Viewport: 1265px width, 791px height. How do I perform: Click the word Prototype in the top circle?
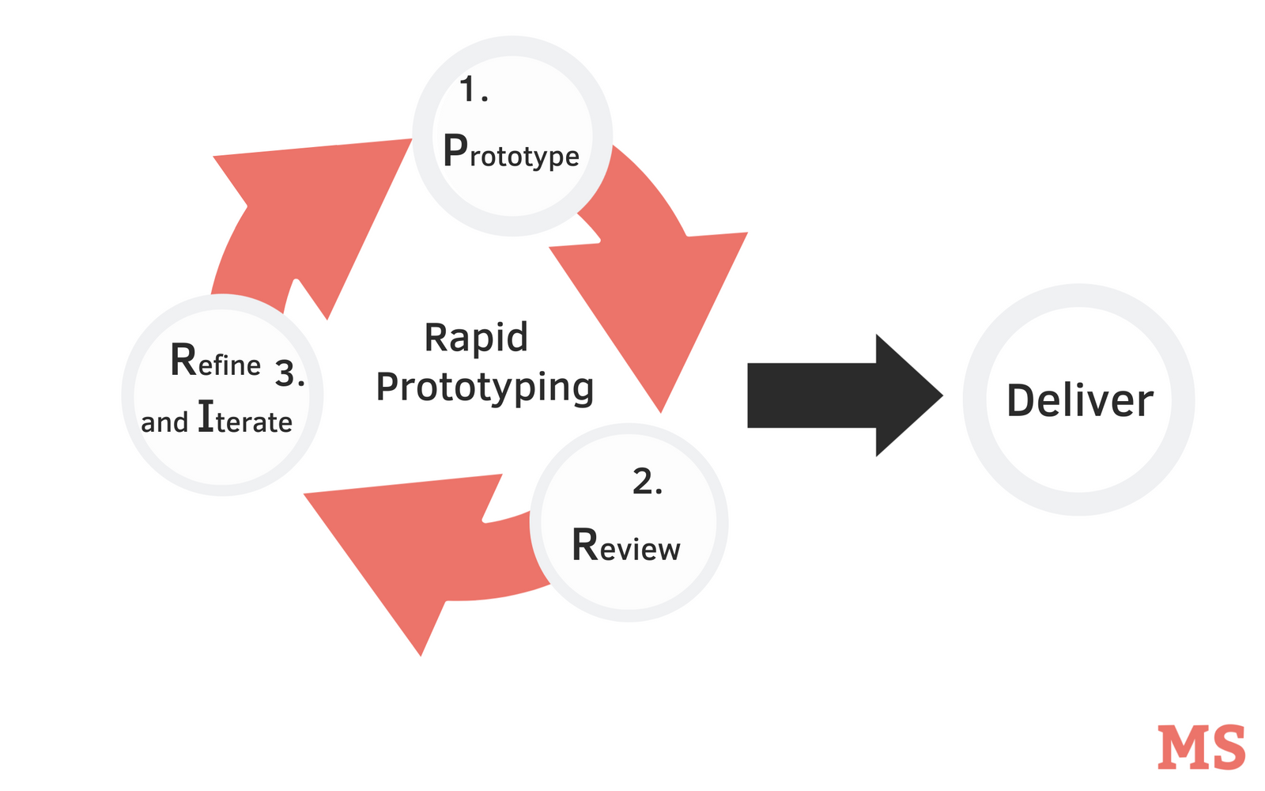pos(512,152)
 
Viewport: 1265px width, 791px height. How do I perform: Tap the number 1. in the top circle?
pos(474,90)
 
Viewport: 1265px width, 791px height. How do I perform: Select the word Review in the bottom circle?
pos(625,546)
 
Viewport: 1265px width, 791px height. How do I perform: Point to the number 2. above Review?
pos(647,482)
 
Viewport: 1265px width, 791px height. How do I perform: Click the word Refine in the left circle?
pos(215,361)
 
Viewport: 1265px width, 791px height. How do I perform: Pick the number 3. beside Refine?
pos(289,373)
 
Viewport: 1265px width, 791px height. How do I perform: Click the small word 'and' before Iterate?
pos(164,422)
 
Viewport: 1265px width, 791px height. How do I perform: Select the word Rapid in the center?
pos(476,338)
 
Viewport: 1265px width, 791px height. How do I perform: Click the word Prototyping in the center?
pos(485,388)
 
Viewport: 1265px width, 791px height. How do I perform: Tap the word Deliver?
pos(1079,400)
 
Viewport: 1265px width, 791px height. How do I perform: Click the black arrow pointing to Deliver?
pos(838,395)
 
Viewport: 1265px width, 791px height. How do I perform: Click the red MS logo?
pos(1201,747)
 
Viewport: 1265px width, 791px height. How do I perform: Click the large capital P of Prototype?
pos(455,150)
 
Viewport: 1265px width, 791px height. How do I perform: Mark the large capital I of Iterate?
pos(206,416)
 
